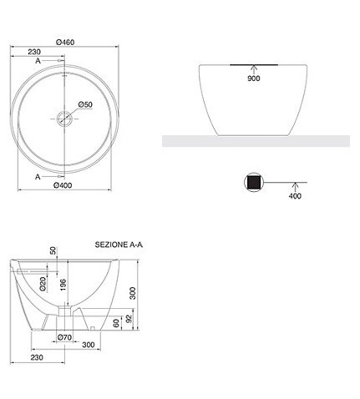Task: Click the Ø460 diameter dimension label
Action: click(x=65, y=43)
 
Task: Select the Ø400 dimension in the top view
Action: click(x=63, y=185)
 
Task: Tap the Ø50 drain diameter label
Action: click(x=85, y=104)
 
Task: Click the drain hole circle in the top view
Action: click(x=64, y=119)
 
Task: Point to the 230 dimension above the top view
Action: click(x=34, y=52)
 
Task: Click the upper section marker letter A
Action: click(x=38, y=61)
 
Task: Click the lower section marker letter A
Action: click(x=38, y=177)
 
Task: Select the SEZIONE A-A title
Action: click(x=119, y=245)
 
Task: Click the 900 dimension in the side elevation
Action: click(x=254, y=78)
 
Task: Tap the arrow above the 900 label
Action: click(x=253, y=69)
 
